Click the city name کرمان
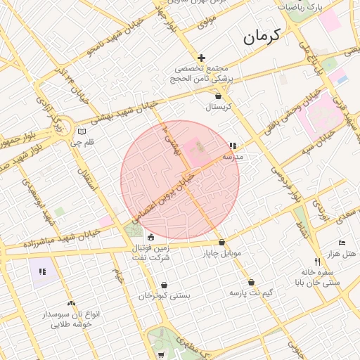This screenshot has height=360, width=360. (262, 37)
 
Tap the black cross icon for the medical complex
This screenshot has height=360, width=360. (202, 58)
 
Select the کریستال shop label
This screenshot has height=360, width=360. (218, 108)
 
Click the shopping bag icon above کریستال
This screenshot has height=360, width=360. (218, 96)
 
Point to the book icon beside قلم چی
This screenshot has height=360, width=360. (82, 131)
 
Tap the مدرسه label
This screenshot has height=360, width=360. (233, 157)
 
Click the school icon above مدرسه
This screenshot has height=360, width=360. (232, 146)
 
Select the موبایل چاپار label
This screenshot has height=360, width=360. (222, 252)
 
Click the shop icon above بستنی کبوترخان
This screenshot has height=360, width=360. (164, 285)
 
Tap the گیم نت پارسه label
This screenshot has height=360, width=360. (251, 292)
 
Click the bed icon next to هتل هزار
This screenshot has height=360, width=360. (342, 243)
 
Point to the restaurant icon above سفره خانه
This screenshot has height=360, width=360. (317, 262)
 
